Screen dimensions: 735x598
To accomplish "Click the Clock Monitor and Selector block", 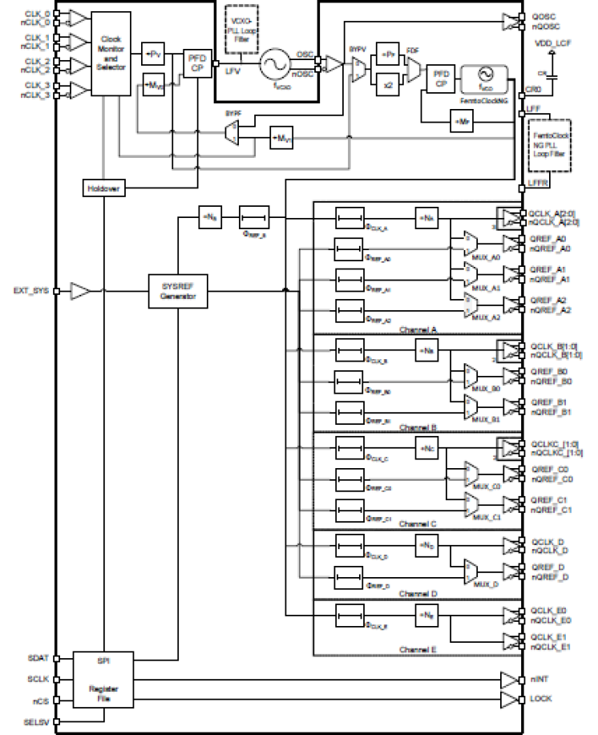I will pyautogui.click(x=111, y=55).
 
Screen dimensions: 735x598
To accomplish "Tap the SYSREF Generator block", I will pyautogui.click(x=178, y=291).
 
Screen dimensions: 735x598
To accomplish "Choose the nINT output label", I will pyautogui.click(x=539, y=679).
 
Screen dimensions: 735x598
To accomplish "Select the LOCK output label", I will pyautogui.click(x=541, y=698).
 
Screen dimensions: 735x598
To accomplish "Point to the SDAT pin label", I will pyautogui.click(x=38, y=658).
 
